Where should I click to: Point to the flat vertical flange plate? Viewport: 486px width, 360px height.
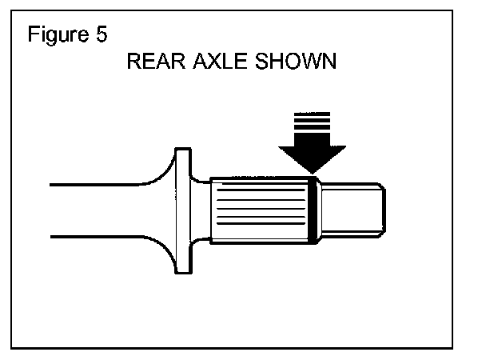183,210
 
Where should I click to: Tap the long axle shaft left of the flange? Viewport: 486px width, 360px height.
96,210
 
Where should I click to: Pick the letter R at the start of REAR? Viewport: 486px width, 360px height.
133,64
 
